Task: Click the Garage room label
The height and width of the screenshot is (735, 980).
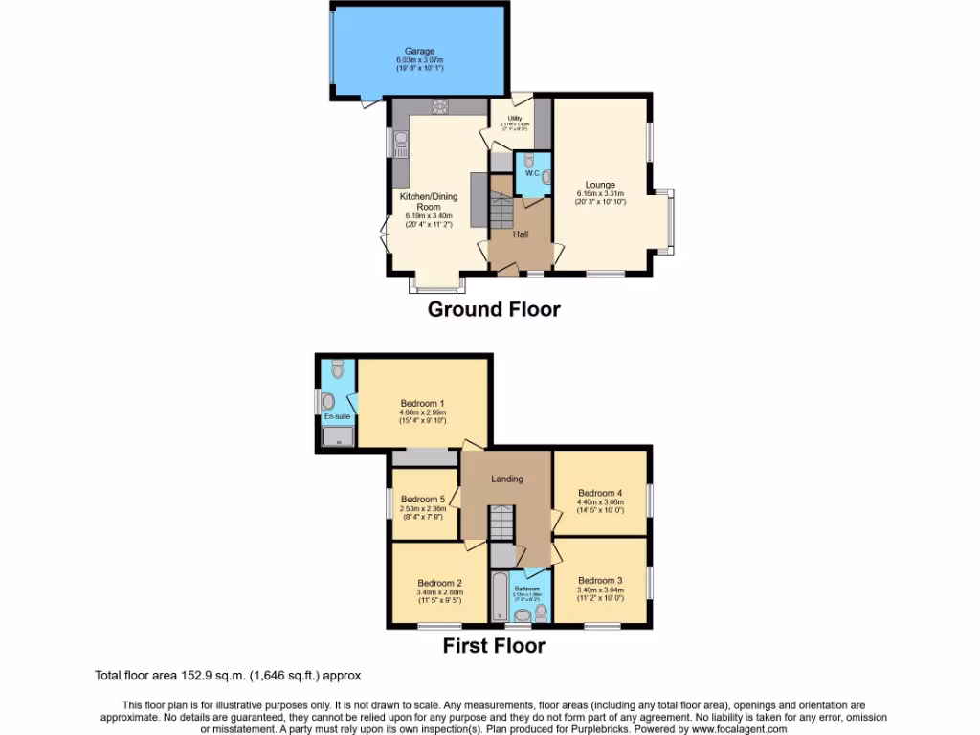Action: click(x=419, y=51)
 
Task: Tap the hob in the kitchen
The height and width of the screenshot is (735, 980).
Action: click(x=440, y=106)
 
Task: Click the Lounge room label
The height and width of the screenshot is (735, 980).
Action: click(x=600, y=185)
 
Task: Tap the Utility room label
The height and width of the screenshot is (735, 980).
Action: click(x=514, y=118)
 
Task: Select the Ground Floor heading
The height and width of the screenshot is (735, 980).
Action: click(x=493, y=309)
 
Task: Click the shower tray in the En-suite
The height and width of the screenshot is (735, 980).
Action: click(x=336, y=437)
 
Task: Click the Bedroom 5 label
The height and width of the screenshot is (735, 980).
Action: click(x=422, y=500)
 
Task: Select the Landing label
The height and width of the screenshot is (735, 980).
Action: click(x=507, y=479)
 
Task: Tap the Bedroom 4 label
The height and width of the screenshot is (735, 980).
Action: click(x=600, y=494)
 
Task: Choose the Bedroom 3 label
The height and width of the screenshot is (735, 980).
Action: click(x=600, y=580)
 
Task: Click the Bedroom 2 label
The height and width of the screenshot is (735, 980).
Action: click(x=439, y=582)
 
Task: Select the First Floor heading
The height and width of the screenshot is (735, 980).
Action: click(x=493, y=646)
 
